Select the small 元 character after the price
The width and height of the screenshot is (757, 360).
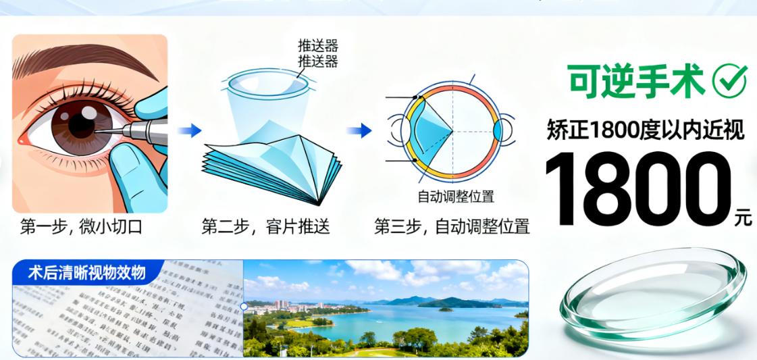coord(743,219)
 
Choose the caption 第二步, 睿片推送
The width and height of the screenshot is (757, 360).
coord(265,227)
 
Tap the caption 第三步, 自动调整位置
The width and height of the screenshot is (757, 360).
coord(452,227)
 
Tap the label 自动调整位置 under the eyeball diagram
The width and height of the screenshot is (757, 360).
coord(455,197)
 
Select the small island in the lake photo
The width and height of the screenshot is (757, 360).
coord(444,309)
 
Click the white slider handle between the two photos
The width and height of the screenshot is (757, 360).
coord(244,306)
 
